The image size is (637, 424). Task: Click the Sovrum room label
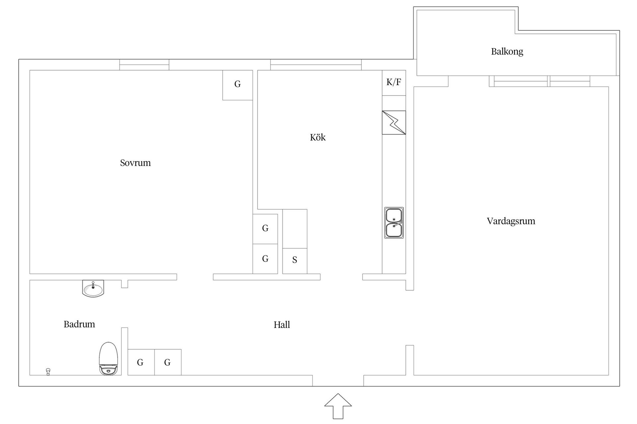click(135, 163)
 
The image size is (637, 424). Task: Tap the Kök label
click(318, 137)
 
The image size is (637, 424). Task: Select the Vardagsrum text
click(511, 221)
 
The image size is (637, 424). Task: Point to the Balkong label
click(507, 52)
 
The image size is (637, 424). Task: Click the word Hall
click(282, 325)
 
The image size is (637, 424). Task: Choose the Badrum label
click(79, 324)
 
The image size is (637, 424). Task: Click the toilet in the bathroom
click(108, 358)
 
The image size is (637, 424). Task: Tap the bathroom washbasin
click(93, 289)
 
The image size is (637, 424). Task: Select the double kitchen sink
click(394, 223)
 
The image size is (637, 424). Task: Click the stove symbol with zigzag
click(394, 123)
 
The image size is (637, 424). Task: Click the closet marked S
click(295, 261)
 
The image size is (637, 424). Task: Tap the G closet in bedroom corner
click(238, 85)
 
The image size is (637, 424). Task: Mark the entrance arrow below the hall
click(338, 406)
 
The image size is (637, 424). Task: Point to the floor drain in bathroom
click(48, 371)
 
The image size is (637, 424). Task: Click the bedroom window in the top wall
click(144, 65)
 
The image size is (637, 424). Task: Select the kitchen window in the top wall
click(316, 65)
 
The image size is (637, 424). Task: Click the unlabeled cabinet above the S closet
click(295, 229)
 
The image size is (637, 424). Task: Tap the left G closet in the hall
click(141, 362)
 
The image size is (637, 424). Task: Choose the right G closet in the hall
click(168, 362)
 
